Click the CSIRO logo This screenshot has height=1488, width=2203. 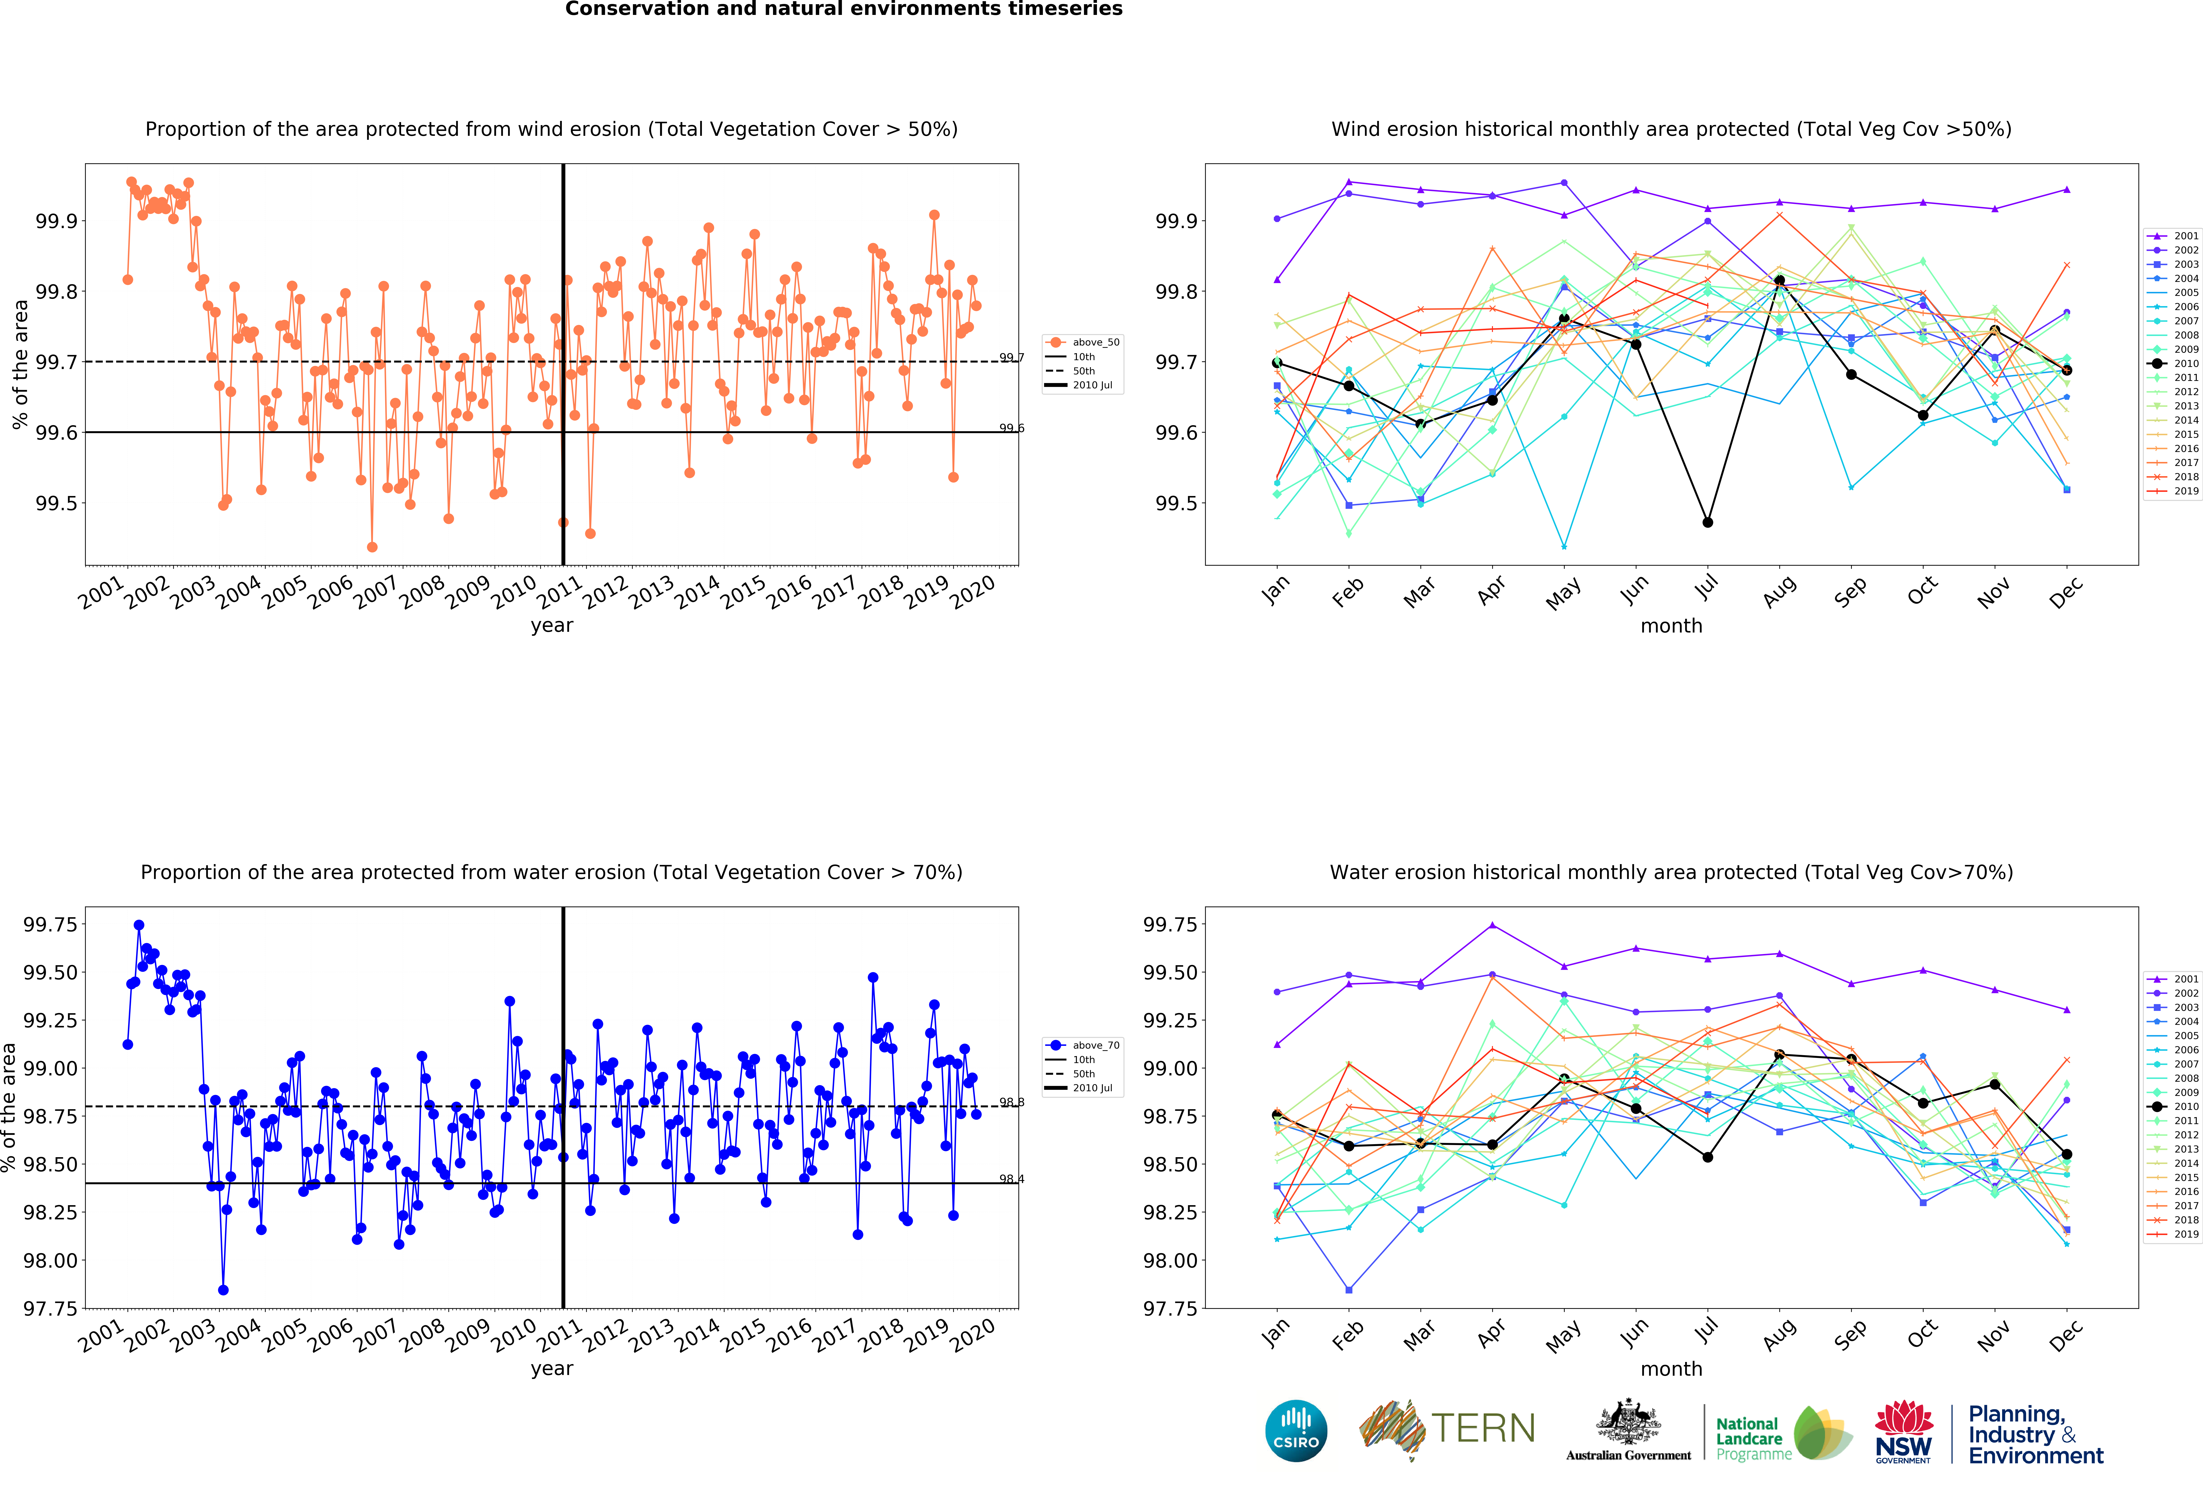(x=1296, y=1430)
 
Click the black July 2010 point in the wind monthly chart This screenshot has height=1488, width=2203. (x=1707, y=522)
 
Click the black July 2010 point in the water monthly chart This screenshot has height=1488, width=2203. (x=1707, y=1157)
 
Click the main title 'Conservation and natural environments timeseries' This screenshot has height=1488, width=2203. (x=844, y=10)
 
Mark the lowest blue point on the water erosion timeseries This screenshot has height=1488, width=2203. (x=223, y=1290)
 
